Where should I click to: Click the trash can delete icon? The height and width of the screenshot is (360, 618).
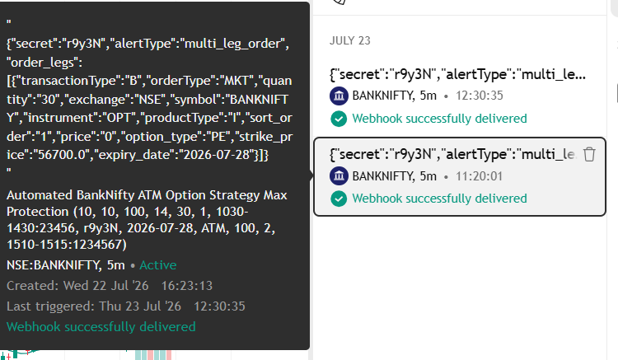[589, 154]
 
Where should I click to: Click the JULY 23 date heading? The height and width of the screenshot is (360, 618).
[350, 40]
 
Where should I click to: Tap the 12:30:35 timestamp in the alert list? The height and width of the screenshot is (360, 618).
[480, 96]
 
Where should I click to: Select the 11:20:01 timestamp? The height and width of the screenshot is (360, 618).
[479, 176]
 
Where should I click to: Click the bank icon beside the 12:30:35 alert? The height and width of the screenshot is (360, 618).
[339, 96]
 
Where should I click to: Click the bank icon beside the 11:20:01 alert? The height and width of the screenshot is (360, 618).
[339, 176]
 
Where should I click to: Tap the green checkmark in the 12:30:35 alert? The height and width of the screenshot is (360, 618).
[339, 119]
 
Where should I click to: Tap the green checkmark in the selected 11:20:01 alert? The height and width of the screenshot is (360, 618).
[339, 199]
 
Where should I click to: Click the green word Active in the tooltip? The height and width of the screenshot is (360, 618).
[157, 265]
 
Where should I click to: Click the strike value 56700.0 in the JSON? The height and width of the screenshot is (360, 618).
[62, 155]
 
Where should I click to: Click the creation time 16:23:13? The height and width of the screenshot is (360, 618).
[187, 286]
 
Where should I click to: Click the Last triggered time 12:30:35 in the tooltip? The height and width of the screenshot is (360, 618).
[219, 306]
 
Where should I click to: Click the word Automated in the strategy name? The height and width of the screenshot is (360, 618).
[40, 195]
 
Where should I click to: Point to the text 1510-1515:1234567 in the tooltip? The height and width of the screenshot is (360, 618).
[67, 245]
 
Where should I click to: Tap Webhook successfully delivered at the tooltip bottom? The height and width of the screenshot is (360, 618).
[101, 326]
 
